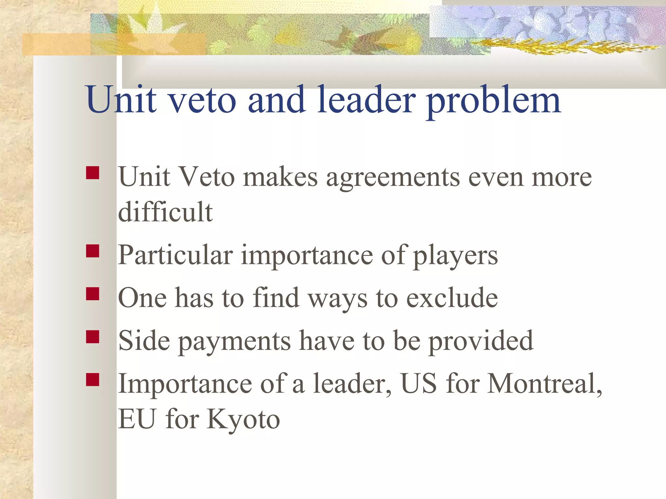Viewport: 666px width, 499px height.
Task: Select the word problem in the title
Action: [493, 101]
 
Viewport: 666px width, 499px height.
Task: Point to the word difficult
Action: [165, 212]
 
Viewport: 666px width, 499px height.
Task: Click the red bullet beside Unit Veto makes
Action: [93, 173]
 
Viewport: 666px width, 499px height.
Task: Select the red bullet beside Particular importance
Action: [93, 251]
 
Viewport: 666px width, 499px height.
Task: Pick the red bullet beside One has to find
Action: [93, 294]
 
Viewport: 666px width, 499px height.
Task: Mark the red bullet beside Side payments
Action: [93, 337]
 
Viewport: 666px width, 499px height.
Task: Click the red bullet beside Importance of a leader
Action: [93, 379]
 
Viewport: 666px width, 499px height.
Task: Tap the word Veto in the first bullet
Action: [207, 177]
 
